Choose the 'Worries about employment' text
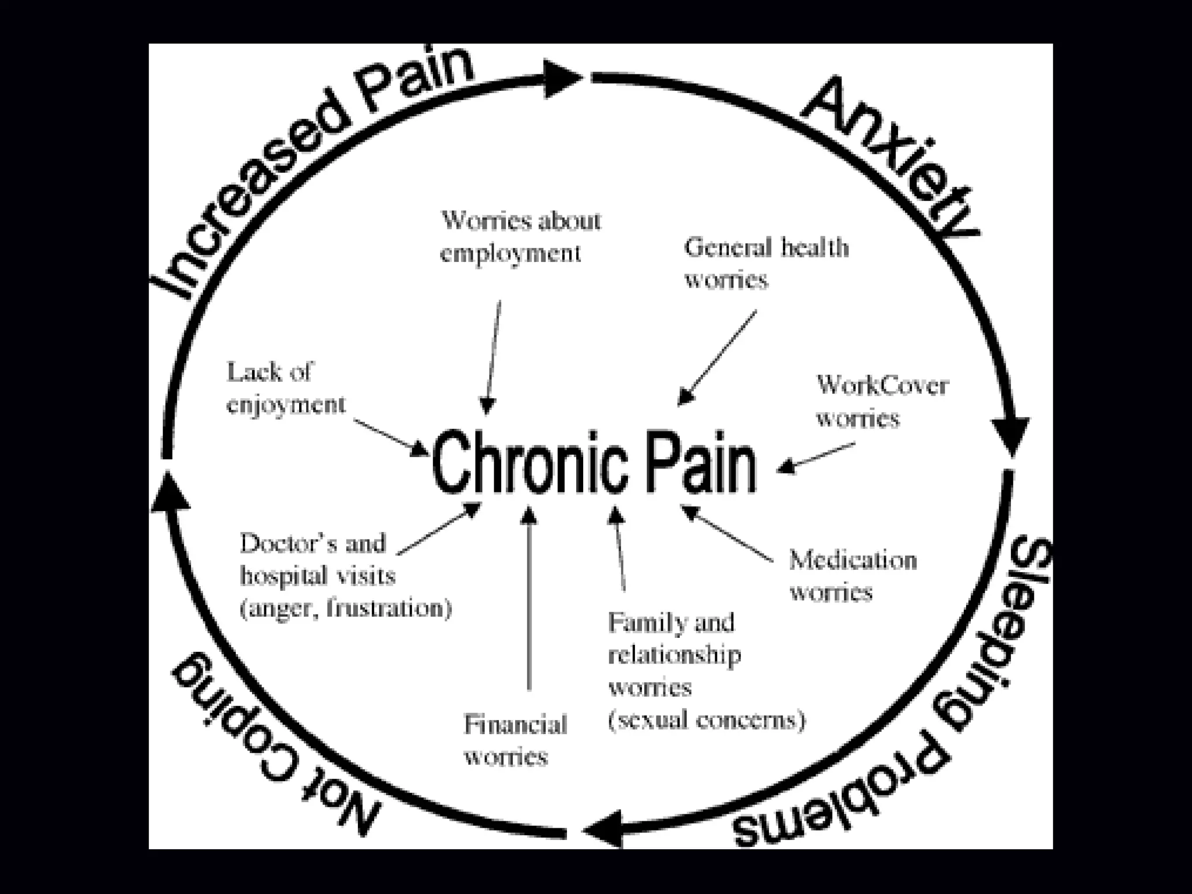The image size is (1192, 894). pyautogui.click(x=520, y=237)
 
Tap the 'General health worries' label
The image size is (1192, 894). pyautogui.click(x=765, y=264)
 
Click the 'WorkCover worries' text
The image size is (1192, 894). pyautogui.click(x=881, y=402)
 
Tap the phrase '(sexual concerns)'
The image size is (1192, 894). pyautogui.click(x=706, y=721)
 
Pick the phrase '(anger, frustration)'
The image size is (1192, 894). pyautogui.click(x=346, y=609)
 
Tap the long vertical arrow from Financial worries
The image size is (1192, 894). pyautogui.click(x=529, y=599)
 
